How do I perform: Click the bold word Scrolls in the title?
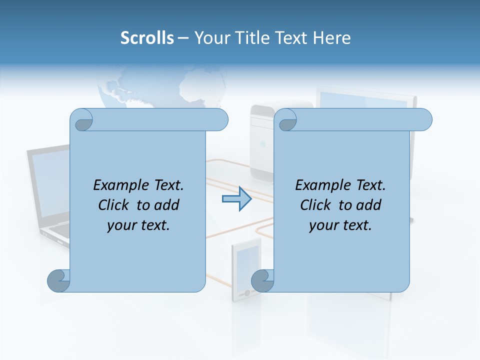tap(147, 38)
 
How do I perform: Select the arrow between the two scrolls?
tap(236, 199)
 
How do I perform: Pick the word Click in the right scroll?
tap(315, 205)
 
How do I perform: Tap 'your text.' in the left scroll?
tap(138, 225)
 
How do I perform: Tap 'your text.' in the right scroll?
tap(340, 225)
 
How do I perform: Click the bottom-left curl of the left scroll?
tap(58, 280)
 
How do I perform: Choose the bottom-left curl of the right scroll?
tap(262, 280)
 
